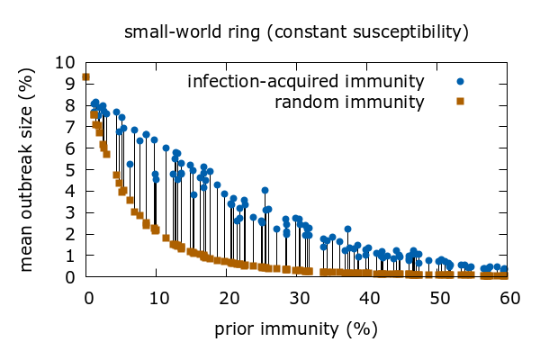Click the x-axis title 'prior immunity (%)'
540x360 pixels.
click(x=296, y=328)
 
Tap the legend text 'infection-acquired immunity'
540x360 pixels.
click(x=306, y=82)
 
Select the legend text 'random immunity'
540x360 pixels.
click(x=349, y=102)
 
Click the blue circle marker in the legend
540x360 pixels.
click(x=460, y=82)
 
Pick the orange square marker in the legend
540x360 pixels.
click(x=460, y=101)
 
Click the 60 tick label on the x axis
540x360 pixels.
click(x=509, y=297)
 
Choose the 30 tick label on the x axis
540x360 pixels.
click(x=298, y=297)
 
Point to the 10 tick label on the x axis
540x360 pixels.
click(x=157, y=297)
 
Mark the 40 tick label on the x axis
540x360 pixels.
click(x=368, y=297)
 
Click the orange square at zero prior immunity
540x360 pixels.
click(x=86, y=77)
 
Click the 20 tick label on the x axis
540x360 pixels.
click(x=228, y=297)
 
